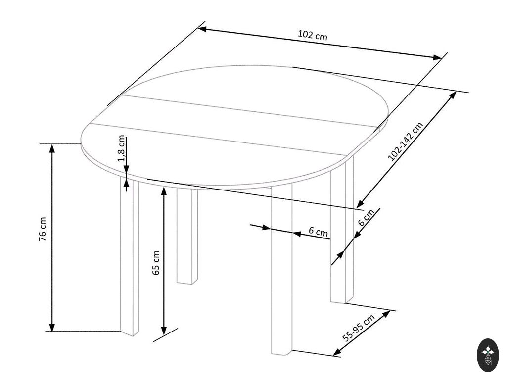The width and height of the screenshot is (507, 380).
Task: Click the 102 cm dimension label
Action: tap(312, 35)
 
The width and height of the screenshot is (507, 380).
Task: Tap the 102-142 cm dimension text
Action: tap(405, 142)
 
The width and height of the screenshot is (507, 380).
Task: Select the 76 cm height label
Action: tap(43, 229)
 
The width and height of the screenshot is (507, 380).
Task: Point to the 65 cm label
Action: tap(156, 263)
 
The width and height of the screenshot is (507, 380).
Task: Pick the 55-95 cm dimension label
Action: tap(359, 328)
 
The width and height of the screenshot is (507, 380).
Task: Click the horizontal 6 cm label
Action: tap(318, 232)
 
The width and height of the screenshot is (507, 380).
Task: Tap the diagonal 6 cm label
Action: tap(367, 217)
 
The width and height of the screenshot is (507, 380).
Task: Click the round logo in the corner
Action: tap(488, 355)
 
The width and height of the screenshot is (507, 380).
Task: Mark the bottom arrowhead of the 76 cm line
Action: tap(52, 326)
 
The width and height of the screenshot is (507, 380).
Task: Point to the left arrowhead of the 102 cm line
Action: tap(203, 29)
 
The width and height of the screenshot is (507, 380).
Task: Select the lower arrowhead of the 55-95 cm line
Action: tap(337, 352)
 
